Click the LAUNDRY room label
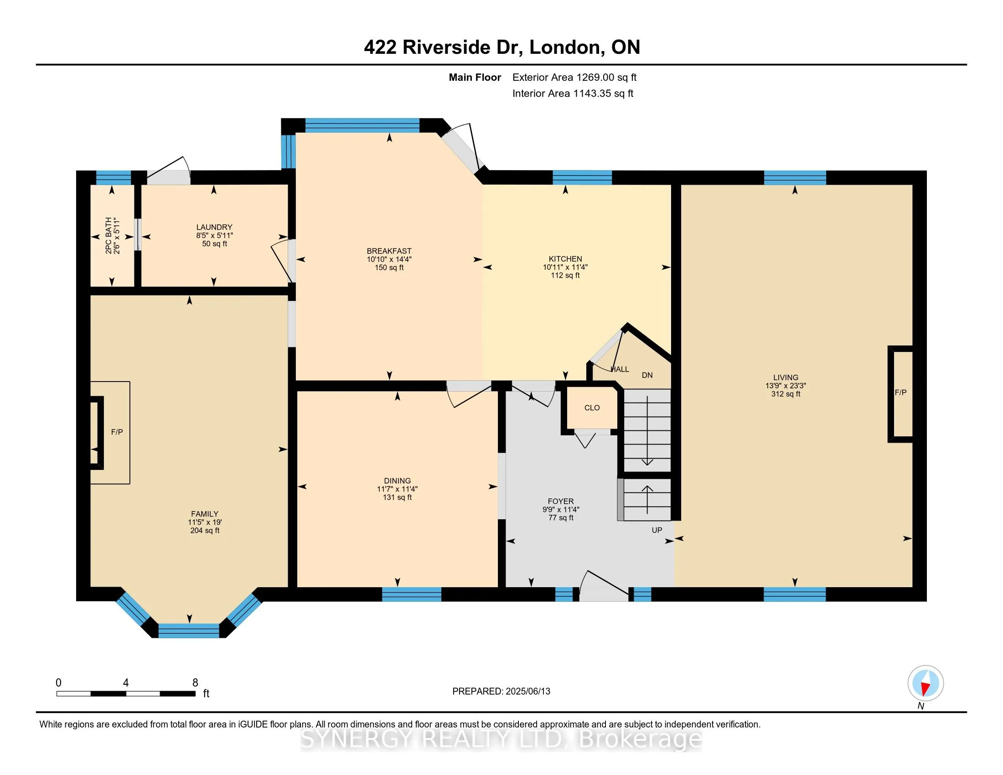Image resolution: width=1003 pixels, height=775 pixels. tap(214, 227)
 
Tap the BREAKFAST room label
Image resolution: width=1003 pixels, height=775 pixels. tap(389, 251)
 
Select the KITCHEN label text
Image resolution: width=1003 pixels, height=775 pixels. tap(565, 259)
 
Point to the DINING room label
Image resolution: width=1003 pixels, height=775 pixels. tap(397, 480)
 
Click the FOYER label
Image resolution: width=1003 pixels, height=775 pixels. tap(561, 501)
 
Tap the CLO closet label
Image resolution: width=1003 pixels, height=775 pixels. tap(592, 408)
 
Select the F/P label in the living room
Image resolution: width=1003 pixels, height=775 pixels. tap(900, 393)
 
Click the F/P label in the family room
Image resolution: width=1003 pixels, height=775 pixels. tap(117, 432)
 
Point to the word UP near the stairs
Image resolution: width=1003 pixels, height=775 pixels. tap(657, 530)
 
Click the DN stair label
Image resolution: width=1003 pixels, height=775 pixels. tap(647, 375)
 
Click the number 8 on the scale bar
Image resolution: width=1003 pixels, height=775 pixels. tap(195, 683)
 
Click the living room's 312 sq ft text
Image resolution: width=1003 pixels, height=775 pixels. tap(786, 394)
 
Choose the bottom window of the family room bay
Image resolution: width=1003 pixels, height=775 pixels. tap(189, 630)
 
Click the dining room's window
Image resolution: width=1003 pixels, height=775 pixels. tap(412, 594)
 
